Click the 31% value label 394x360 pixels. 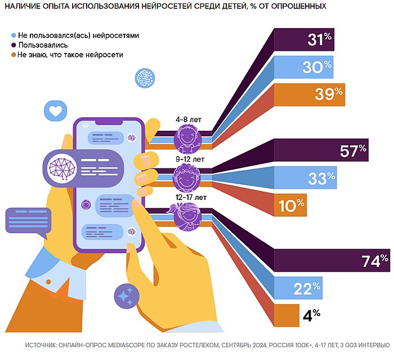(320, 40)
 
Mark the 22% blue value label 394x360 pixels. (307, 288)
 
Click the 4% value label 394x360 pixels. (311, 315)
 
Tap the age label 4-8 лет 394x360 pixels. (188, 120)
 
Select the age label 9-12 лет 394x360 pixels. (189, 159)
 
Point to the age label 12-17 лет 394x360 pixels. (190, 197)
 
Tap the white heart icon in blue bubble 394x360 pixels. (55, 111)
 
